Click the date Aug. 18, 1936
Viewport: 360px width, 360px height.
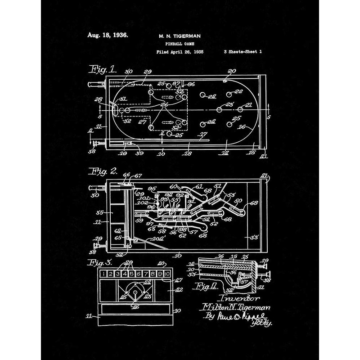(x=107, y=35)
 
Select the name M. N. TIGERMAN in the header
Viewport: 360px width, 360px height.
(x=179, y=36)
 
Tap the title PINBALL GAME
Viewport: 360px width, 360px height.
(x=179, y=44)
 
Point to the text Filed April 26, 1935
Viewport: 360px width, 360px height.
(x=180, y=52)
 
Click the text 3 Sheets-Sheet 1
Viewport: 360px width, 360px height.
(x=243, y=52)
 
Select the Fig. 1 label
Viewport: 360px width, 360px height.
(x=103, y=69)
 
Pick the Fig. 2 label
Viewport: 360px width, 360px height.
(x=104, y=171)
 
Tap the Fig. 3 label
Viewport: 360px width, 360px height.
(x=101, y=262)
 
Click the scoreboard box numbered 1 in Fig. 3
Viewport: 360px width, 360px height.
(x=104, y=273)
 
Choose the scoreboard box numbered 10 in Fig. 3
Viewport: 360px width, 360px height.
(x=167, y=273)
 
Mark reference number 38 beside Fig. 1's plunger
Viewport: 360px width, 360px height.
(x=92, y=152)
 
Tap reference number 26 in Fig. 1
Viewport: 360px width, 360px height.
(x=164, y=105)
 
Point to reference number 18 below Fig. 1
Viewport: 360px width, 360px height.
(x=188, y=153)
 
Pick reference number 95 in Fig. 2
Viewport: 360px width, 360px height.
(x=152, y=189)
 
